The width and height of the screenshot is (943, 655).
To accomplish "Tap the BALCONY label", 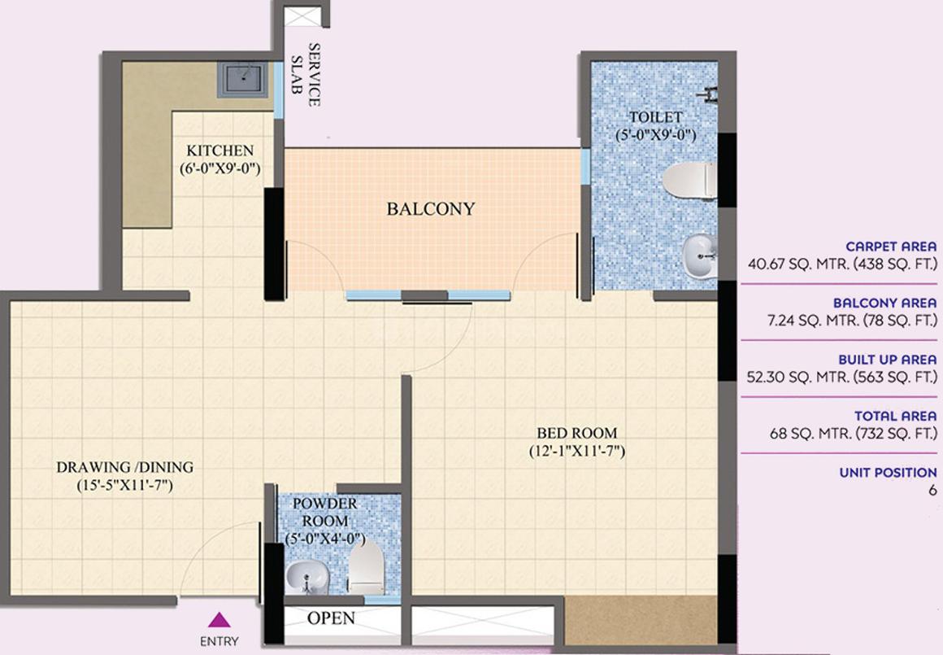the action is tap(431, 209).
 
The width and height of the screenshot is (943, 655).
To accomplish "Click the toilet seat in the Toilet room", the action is tap(689, 180).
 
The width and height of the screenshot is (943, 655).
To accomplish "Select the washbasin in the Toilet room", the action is tap(700, 256).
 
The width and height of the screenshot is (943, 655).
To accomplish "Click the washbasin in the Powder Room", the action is tap(306, 577).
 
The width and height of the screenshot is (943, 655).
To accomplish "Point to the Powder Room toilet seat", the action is tap(367, 567).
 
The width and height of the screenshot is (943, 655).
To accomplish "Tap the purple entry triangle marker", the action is tap(219, 619).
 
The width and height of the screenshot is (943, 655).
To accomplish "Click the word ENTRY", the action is tap(219, 641).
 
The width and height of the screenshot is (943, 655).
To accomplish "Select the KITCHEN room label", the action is tap(220, 151).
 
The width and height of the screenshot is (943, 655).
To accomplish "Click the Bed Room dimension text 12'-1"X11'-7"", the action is tap(577, 451).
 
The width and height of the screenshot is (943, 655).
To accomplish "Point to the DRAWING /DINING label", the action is tap(125, 467).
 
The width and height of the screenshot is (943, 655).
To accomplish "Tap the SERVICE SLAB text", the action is tap(306, 75).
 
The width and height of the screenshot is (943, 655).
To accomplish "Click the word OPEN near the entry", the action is tap(331, 618).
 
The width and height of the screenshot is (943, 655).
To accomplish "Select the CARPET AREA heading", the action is tap(891, 247).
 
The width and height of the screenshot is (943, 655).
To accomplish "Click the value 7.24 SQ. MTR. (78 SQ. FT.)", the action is tap(852, 321).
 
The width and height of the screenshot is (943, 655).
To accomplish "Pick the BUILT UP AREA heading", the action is tap(888, 360).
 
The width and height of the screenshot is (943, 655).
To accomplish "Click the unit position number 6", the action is tap(932, 490).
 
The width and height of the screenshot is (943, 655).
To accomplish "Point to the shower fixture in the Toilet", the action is tap(709, 94).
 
